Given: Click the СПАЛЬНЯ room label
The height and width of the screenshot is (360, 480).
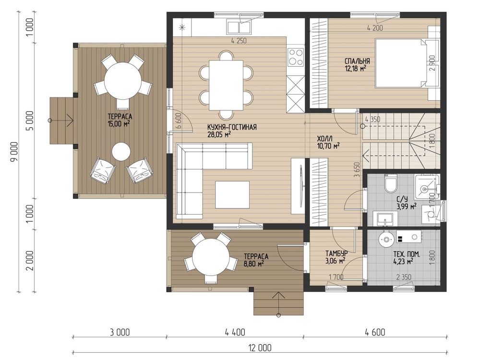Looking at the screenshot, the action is tap(357, 61).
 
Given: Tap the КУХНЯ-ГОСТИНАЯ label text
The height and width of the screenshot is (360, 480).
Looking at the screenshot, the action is tap(232, 127).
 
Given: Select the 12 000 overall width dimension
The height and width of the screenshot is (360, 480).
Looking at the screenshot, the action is tap(260, 348).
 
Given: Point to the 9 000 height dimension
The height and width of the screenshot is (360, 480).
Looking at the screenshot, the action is tap(14, 153).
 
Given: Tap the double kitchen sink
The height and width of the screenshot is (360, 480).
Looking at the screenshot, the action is tap(240, 26).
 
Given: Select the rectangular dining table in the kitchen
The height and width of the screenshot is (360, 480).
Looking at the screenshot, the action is tap(226, 85).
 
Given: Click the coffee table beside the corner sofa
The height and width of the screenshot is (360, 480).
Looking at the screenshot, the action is tap(232, 194).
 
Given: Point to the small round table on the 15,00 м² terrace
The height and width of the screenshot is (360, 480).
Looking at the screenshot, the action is tap(121, 152).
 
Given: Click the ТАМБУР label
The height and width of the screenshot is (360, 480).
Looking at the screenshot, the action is tap(336, 254).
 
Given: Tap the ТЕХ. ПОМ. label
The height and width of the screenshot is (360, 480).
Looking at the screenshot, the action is tap(407, 254).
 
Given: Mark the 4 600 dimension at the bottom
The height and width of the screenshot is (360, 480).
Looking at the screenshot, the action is tap(375, 332).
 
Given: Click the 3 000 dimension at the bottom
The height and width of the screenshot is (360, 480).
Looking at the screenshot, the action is tap(120, 332).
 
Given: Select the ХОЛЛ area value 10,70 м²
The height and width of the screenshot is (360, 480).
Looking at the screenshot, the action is tap(328, 146).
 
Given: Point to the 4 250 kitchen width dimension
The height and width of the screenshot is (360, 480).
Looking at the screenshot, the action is tap(239, 41).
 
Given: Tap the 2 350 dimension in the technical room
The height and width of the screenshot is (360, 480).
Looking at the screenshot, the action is tap(404, 277).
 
